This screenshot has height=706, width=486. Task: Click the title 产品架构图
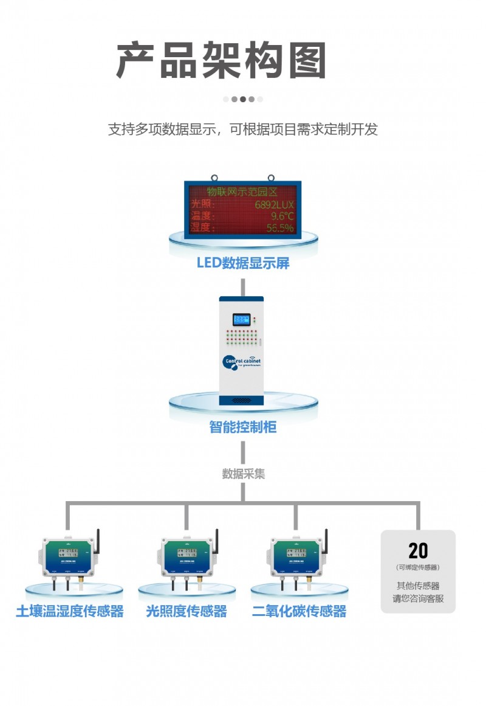(222, 61)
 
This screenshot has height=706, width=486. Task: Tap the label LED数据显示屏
(243, 263)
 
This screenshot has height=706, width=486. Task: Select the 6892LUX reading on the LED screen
(274, 205)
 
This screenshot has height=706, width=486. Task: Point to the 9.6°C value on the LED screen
(282, 216)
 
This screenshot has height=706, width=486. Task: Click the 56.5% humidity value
(280, 228)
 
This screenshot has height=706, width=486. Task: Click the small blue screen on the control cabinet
(241, 319)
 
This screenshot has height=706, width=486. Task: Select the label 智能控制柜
(243, 427)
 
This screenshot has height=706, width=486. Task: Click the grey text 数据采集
(243, 474)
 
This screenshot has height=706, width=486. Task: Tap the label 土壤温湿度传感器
(70, 611)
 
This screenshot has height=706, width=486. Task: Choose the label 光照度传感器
(186, 611)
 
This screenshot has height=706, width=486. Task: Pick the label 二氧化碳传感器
(299, 611)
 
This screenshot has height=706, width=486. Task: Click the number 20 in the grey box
(418, 551)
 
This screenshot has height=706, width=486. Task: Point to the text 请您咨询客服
(418, 598)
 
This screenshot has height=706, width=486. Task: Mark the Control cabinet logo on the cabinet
(242, 362)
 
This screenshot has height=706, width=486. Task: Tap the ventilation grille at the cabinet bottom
(242, 401)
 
